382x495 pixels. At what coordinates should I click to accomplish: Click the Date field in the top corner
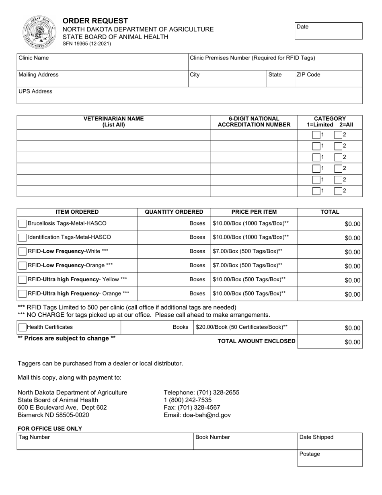(x=329, y=31)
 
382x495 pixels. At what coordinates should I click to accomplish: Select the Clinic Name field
(x=103, y=62)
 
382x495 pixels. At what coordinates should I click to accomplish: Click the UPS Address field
(x=189, y=96)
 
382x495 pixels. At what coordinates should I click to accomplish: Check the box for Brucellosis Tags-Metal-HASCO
(x=23, y=223)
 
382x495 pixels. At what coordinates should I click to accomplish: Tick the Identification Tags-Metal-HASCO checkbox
(x=23, y=237)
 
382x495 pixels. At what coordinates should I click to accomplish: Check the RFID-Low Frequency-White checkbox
(x=23, y=252)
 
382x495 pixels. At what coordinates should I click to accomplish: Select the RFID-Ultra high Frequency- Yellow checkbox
(x=23, y=280)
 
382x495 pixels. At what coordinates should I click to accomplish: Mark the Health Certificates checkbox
(x=23, y=328)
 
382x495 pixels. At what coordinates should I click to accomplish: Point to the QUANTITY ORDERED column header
(x=174, y=212)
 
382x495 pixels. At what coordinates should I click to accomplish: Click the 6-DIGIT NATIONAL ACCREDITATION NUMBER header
(x=254, y=122)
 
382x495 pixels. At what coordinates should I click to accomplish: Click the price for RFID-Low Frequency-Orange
(x=248, y=266)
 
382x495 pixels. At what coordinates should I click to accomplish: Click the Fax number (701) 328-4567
(x=192, y=407)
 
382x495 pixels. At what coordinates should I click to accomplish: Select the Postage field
(x=330, y=458)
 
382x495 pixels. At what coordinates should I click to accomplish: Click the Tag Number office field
(x=105, y=441)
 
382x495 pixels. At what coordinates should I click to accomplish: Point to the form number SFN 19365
(x=86, y=44)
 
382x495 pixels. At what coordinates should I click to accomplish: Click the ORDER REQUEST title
(x=95, y=21)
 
